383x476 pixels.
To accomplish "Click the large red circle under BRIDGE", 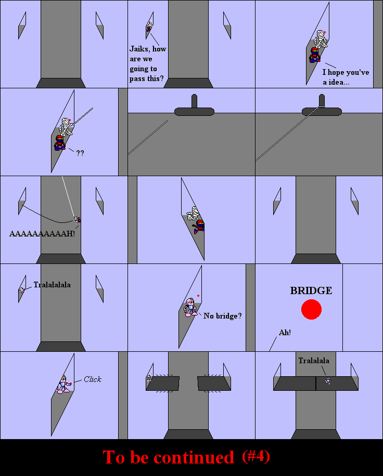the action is [x=311, y=309].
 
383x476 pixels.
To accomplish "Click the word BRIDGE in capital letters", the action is [x=311, y=290].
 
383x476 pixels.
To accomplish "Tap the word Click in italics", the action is [x=93, y=379].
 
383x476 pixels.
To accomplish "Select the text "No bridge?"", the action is [x=223, y=316].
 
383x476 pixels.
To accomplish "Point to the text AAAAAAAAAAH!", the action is [x=42, y=233].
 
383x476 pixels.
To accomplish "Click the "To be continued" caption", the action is [x=169, y=457].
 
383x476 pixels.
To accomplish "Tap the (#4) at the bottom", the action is [x=256, y=457].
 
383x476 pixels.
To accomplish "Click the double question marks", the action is [x=80, y=153].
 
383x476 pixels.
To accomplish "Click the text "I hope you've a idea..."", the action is [x=346, y=77].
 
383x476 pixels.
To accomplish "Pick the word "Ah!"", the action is [x=285, y=333].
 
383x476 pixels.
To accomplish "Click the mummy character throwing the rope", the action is [x=66, y=127].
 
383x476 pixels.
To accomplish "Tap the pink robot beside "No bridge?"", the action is [x=190, y=307].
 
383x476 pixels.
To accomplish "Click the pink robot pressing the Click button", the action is [x=64, y=385].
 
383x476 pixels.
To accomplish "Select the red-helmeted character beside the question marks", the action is [x=60, y=143].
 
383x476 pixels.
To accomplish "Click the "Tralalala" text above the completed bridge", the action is [x=314, y=361].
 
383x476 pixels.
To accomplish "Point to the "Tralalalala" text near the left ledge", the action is [x=52, y=285].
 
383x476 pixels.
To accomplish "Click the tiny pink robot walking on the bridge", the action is [x=328, y=381].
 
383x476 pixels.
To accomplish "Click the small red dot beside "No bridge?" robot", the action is [x=198, y=296].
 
